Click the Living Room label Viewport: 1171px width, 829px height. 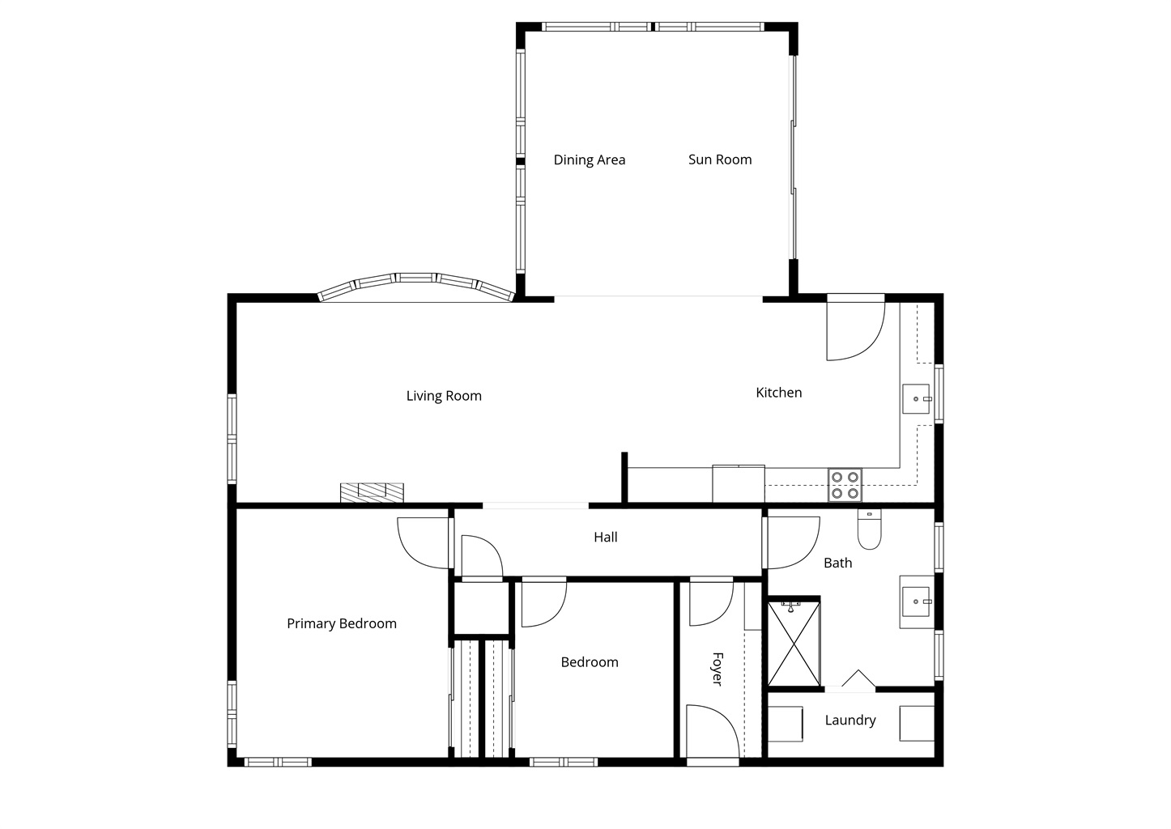tap(444, 396)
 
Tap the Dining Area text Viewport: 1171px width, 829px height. tap(590, 160)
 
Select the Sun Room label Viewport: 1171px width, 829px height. tap(720, 159)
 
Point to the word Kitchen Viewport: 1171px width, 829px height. tap(779, 393)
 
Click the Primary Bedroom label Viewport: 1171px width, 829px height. tap(342, 623)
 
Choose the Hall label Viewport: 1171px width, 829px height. tap(606, 537)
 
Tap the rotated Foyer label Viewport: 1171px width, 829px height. tap(718, 669)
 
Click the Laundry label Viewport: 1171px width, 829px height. tap(850, 721)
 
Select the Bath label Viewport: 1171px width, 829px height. tap(838, 563)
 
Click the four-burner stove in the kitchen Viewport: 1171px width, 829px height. tap(845, 485)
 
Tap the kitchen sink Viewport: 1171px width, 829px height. tap(916, 399)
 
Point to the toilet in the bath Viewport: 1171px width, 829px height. tap(870, 529)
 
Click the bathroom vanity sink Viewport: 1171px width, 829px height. tap(917, 602)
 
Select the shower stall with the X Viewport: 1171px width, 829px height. tap(794, 643)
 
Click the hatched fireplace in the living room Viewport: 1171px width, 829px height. tap(372, 492)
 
